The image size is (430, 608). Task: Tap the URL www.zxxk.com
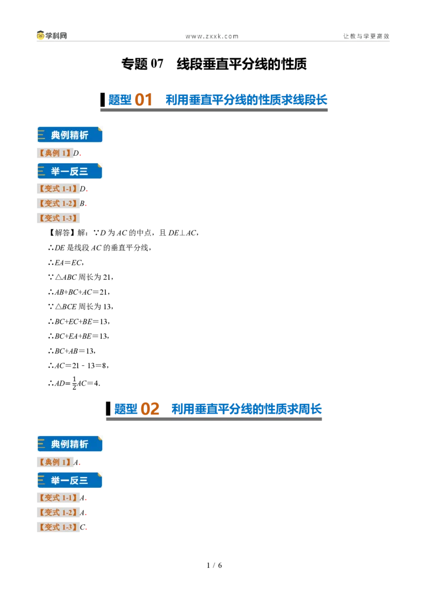212,37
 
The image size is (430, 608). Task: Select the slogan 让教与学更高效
366,36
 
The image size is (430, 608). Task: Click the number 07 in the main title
157,63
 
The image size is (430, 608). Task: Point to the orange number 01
143,100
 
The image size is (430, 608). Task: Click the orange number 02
150,409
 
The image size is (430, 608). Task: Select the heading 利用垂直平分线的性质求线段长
246,100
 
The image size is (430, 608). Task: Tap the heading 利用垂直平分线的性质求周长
246,409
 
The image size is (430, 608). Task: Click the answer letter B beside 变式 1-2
82,203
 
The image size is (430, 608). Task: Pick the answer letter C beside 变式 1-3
83,527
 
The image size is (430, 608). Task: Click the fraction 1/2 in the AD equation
74,383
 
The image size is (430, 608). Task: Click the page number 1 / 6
214,566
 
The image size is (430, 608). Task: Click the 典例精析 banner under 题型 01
70,135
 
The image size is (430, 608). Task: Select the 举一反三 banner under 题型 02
70,480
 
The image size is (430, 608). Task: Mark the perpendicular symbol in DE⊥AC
182,233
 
